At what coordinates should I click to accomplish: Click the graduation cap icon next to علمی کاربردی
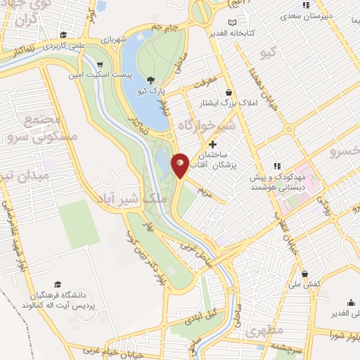tap(64, 34)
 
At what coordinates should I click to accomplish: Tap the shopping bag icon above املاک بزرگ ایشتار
tap(229, 92)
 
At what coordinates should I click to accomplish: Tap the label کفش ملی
tap(304, 285)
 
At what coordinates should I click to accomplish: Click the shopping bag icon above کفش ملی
tap(304, 274)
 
